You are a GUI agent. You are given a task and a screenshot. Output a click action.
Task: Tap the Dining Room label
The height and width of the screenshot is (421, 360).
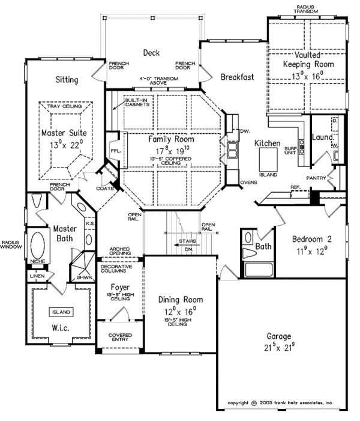click(181, 300)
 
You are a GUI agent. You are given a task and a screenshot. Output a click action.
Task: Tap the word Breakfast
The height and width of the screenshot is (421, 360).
click(238, 77)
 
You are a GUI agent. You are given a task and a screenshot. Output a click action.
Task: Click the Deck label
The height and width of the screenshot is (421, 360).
click(151, 53)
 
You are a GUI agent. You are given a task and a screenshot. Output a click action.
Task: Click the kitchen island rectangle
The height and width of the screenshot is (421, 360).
click(268, 159)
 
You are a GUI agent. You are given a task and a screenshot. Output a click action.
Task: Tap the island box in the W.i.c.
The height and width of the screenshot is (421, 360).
click(61, 312)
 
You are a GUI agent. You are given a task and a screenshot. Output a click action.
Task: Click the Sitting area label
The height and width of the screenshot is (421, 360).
click(67, 80)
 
